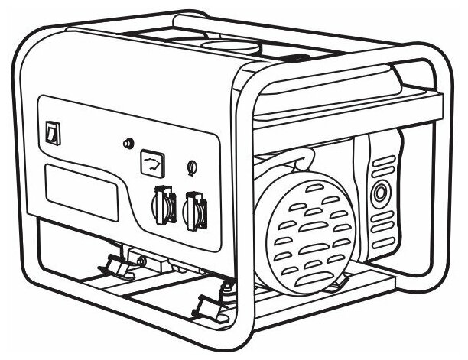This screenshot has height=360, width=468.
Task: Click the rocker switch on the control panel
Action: click(52, 133)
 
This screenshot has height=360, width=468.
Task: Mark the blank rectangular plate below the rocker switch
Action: click(81, 191)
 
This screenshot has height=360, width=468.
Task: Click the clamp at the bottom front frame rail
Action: click(209, 306)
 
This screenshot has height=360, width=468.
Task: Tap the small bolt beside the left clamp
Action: click(141, 263)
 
